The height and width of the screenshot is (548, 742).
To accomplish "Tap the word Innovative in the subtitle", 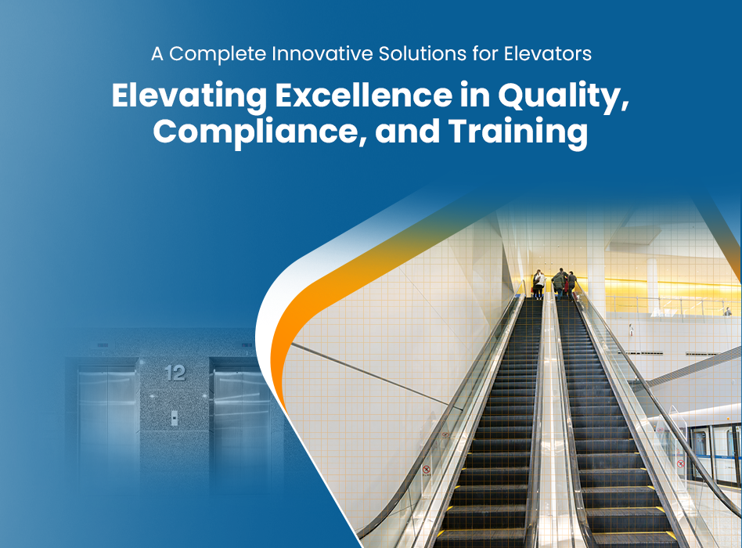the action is coord(322,53).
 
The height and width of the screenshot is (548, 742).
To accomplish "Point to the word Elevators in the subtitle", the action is coord(548,53).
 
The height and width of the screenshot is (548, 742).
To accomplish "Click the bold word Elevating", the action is coord(189,96).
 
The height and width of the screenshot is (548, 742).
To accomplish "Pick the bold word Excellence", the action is coord(364,96).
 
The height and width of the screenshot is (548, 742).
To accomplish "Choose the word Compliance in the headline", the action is coord(255,132).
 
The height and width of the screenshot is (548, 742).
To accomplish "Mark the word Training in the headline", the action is coord(518,132).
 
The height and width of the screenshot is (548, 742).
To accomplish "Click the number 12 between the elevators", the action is coord(175,373).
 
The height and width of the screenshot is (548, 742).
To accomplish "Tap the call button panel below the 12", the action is coord(174,418).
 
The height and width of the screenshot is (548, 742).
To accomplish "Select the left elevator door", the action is coord(107,426).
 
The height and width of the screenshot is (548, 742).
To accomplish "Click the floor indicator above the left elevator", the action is coord(103,345).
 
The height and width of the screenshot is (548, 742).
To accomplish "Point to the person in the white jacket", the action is coord(538,284).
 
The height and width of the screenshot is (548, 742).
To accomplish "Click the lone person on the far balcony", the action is coord(727,312).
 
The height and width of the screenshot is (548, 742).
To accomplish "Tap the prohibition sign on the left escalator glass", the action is coord(426,470).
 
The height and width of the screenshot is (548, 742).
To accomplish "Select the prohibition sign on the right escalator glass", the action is coord(680,463).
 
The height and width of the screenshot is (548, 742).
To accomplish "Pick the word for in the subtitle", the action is coord(485,53).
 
